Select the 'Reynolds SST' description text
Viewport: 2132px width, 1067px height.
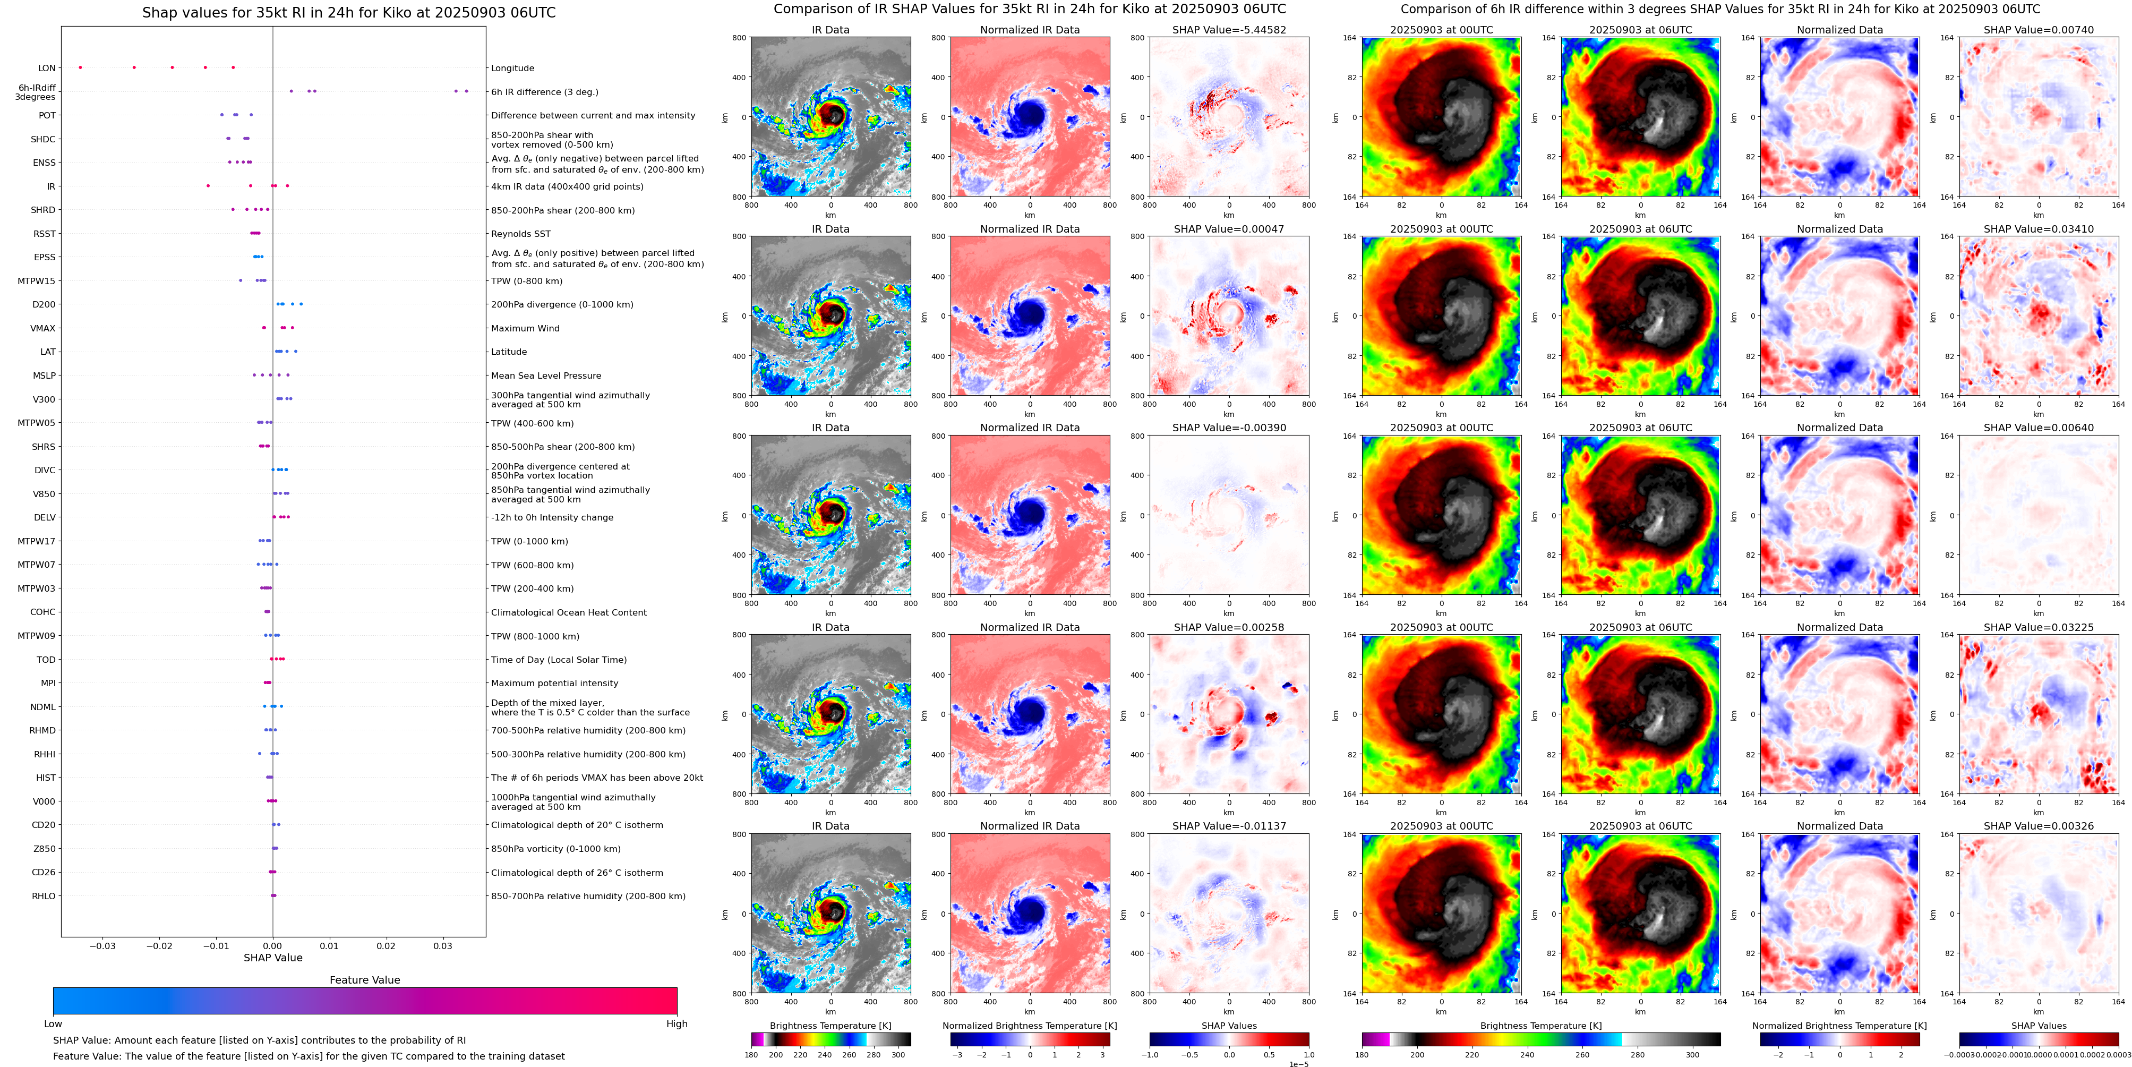520,234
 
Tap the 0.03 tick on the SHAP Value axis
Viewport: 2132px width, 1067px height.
443,946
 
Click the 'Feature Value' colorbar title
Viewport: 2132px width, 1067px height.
364,980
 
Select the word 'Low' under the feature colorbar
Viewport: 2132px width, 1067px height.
53,1024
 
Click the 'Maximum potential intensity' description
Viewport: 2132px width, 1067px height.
554,684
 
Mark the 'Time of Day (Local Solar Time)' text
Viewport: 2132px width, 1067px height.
558,660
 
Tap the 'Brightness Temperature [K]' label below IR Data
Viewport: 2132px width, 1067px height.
830,1026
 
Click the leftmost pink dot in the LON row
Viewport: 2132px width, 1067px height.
80,67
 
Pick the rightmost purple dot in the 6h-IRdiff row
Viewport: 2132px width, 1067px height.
467,91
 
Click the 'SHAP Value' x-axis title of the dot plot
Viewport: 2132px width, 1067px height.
272,958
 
